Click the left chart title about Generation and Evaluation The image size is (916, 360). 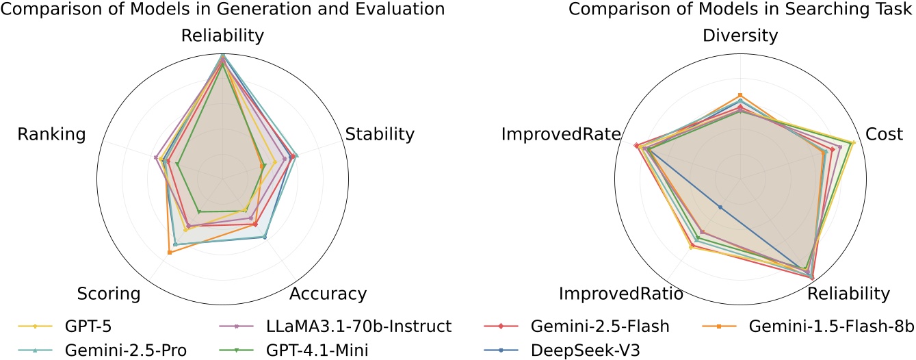coord(222,10)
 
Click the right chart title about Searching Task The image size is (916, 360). coord(742,10)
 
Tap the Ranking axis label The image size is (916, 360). coord(52,134)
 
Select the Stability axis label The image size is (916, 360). coord(380,134)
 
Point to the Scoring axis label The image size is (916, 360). coord(109,294)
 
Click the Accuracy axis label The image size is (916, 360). coord(328,294)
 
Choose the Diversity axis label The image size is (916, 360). coord(740,36)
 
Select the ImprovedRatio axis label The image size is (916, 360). coord(620,294)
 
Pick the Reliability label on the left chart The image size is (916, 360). coord(222,36)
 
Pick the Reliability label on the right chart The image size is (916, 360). coord(849,294)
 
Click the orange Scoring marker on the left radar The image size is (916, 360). coord(170,253)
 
